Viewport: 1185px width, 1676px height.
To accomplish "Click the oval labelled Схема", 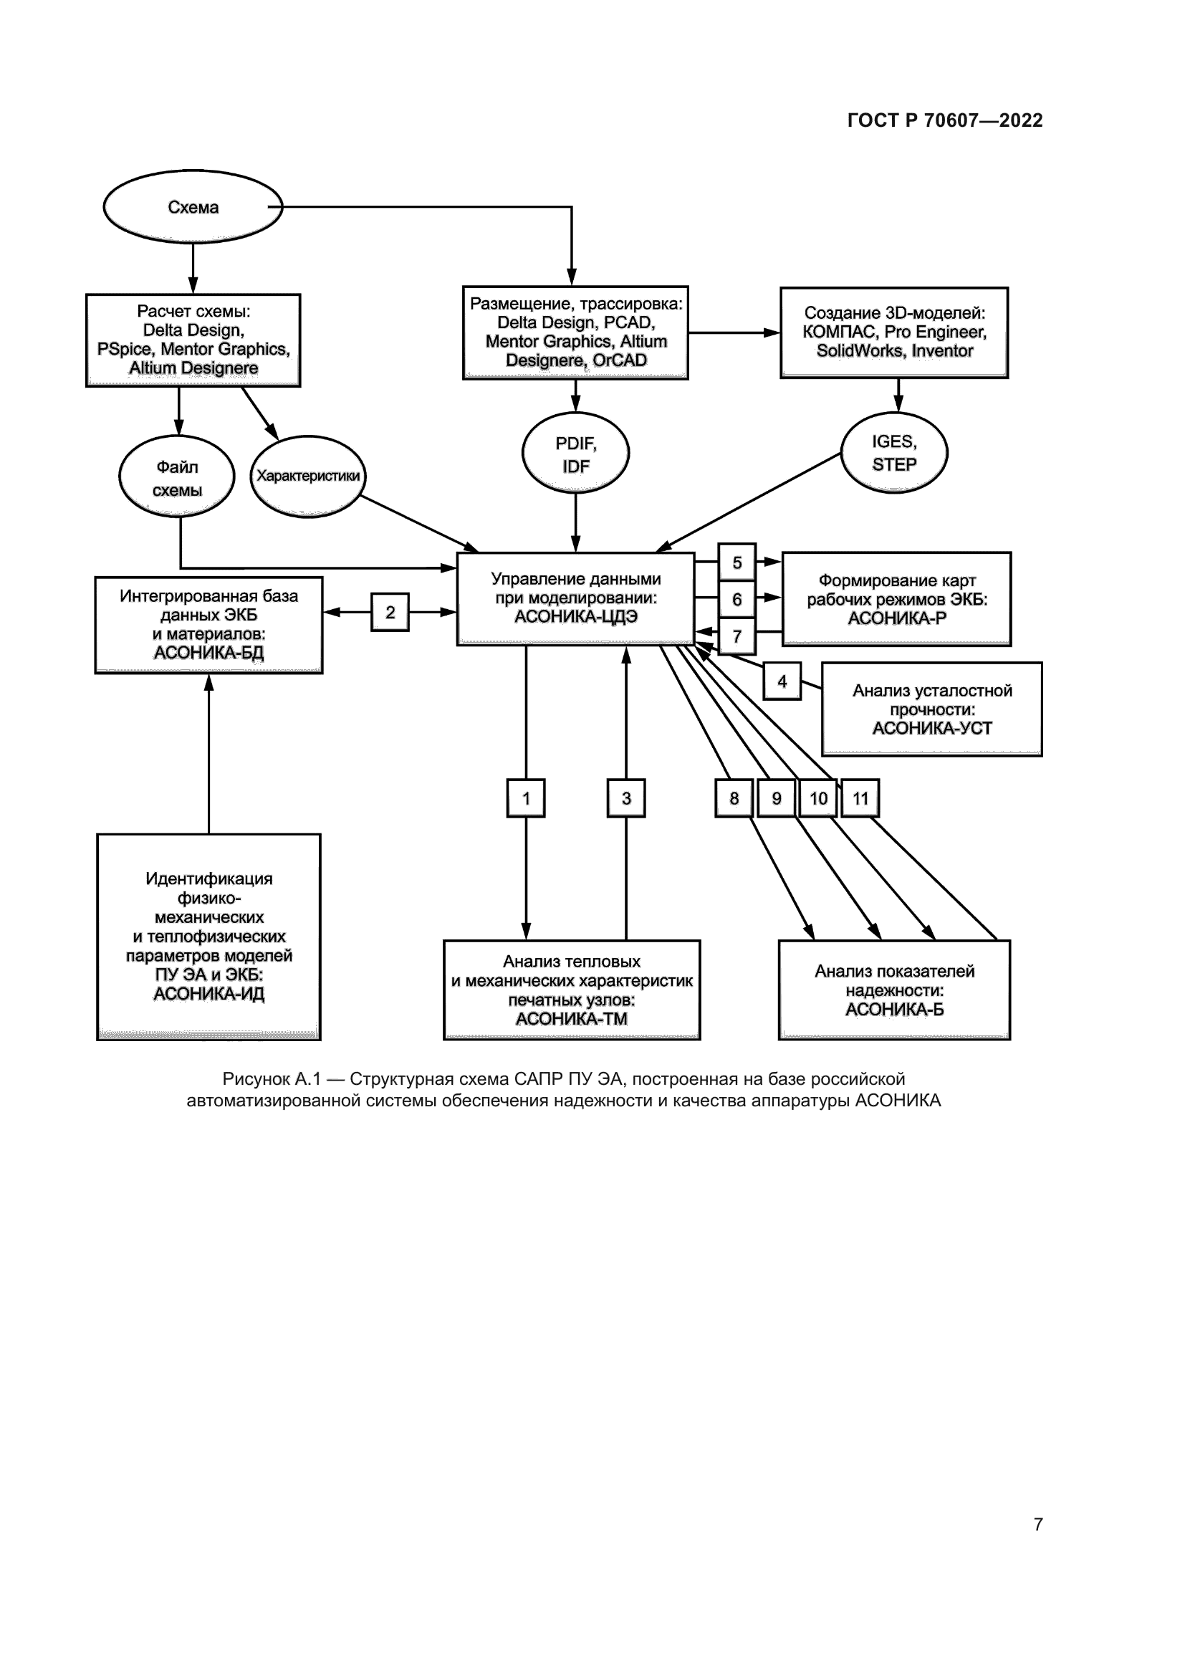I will point(193,207).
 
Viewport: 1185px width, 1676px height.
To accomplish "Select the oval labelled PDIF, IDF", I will point(576,454).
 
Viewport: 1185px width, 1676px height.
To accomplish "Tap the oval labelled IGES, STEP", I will point(894,453).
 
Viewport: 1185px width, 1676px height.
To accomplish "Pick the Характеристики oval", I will point(308,476).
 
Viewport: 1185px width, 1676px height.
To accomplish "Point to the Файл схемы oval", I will point(176,477).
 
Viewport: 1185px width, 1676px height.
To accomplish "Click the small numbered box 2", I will point(390,613).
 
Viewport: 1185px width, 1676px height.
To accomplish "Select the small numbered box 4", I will point(782,681).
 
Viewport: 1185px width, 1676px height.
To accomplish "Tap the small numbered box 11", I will point(860,798).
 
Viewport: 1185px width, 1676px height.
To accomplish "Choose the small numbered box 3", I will point(626,798).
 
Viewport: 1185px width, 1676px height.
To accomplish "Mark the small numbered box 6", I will point(737,599).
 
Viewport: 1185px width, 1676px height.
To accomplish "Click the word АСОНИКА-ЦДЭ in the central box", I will point(576,617).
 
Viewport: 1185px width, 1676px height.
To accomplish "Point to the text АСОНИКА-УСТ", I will point(932,728).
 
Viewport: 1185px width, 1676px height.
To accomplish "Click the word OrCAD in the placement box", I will point(620,360).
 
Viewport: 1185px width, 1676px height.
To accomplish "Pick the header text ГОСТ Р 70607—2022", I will point(945,120).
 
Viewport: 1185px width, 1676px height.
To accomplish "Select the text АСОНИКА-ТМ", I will point(571,1019).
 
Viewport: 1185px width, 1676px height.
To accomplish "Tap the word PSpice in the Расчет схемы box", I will point(125,350).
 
